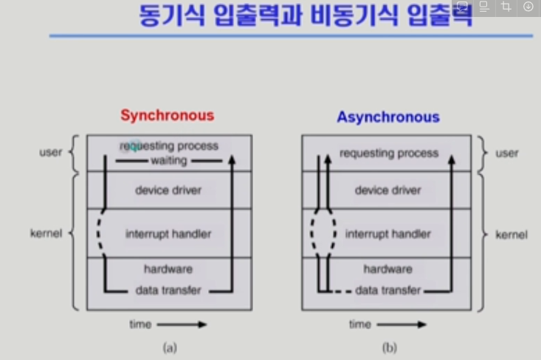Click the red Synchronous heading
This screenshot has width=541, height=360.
pyautogui.click(x=168, y=115)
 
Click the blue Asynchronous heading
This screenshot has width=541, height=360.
pyautogui.click(x=388, y=117)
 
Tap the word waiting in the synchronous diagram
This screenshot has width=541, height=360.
pyautogui.click(x=168, y=160)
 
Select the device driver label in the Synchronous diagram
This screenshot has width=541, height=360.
pyautogui.click(x=168, y=190)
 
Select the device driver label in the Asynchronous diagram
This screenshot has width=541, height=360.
pyautogui.click(x=388, y=190)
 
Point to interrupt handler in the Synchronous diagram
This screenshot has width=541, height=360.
pyautogui.click(x=168, y=234)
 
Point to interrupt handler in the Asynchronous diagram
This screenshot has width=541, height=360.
pyautogui.click(x=388, y=234)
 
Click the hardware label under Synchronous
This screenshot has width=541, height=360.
pyautogui.click(x=168, y=269)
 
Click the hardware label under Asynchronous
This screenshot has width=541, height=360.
pyautogui.click(x=388, y=269)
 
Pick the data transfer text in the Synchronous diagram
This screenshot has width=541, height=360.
pyautogui.click(x=168, y=290)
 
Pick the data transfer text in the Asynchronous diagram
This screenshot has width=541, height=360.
pyautogui.click(x=388, y=290)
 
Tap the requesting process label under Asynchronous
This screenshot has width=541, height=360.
pyautogui.click(x=388, y=153)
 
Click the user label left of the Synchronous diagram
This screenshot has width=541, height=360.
pyautogui.click(x=50, y=153)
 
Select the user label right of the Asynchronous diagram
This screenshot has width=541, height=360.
pyautogui.click(x=507, y=153)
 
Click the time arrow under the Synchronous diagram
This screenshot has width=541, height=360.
pyautogui.click(x=182, y=324)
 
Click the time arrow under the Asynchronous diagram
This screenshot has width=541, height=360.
pyautogui.click(x=401, y=324)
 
